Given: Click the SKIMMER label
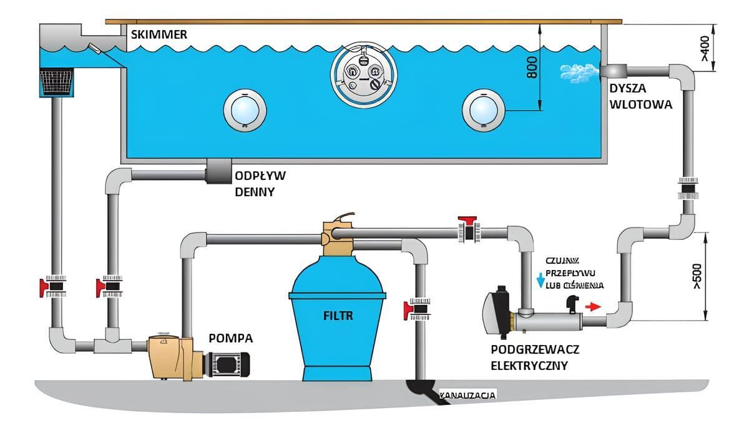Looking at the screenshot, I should tap(159, 34).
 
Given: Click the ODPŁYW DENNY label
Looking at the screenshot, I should tap(260, 184).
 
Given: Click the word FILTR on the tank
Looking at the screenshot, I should tap(338, 316).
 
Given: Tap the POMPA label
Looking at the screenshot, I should tap(231, 338).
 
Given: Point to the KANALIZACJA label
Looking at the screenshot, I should tap(468, 396).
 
